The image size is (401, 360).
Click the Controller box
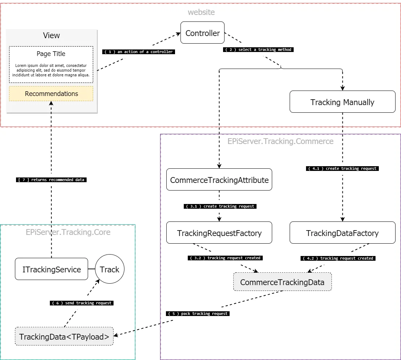(x=202, y=33)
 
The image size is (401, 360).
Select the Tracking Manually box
(x=342, y=102)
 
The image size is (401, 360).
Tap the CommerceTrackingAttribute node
(x=219, y=180)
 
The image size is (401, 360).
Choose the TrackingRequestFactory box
(x=219, y=233)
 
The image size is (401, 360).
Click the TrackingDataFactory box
(x=342, y=233)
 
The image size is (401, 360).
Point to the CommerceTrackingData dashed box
(x=282, y=282)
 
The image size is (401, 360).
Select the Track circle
(x=110, y=269)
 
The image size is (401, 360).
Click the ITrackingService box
(x=51, y=269)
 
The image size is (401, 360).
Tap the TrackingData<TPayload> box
(x=64, y=336)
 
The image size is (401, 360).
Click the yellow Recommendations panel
(x=51, y=94)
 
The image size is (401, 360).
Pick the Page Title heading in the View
(x=51, y=54)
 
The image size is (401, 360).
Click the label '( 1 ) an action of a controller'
(x=139, y=52)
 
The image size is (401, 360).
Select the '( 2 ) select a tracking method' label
(x=258, y=49)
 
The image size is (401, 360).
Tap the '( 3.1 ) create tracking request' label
(x=220, y=206)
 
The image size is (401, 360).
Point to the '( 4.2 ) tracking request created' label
(x=338, y=258)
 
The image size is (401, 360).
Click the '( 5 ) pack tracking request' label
(x=198, y=313)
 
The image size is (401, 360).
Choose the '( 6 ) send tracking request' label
(x=82, y=303)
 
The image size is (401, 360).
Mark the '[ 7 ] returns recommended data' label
(x=51, y=180)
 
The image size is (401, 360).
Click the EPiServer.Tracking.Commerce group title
(x=280, y=141)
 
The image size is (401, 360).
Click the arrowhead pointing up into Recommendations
(x=51, y=103)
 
